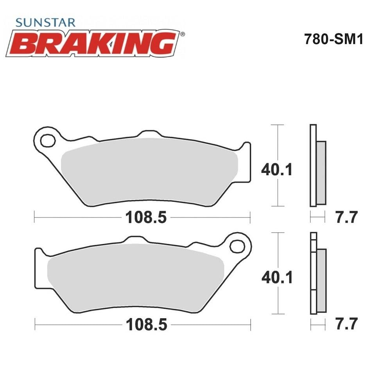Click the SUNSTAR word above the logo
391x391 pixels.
pos(45,23)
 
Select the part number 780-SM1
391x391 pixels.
pos(334,39)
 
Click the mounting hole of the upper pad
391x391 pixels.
pos(48,141)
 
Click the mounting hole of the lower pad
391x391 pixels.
pos(237,246)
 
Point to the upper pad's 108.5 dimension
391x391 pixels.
pos(146,217)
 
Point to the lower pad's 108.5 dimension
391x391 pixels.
pos(146,325)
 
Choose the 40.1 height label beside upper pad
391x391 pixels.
pos(277,170)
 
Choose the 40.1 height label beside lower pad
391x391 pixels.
pos(277,277)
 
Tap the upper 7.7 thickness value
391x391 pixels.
pos(346,217)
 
